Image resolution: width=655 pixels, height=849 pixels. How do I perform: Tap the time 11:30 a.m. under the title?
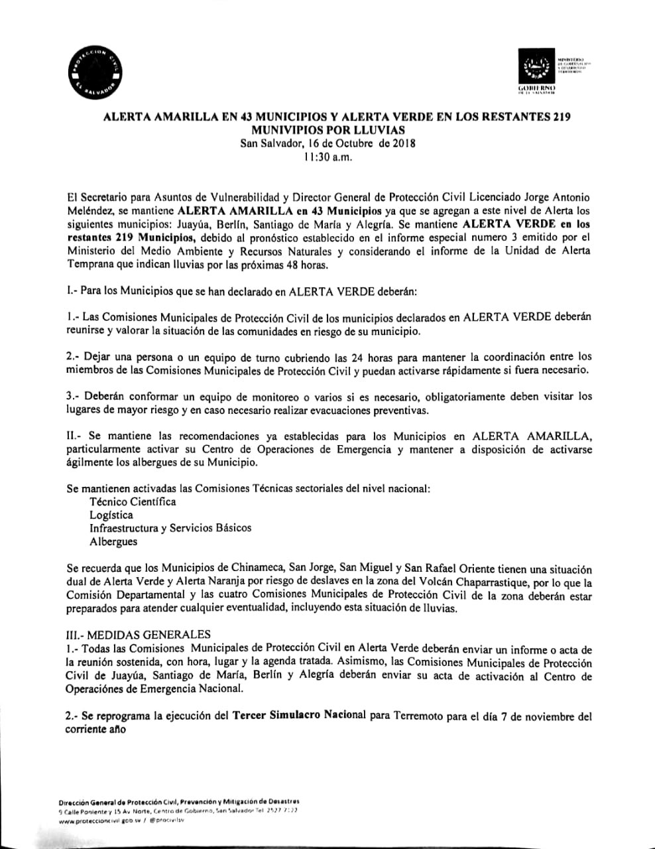click(x=327, y=157)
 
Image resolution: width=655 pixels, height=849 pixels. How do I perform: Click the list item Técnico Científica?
click(x=133, y=501)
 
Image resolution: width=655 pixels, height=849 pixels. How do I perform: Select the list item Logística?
click(x=111, y=515)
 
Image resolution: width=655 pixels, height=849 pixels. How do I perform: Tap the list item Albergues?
click(x=113, y=541)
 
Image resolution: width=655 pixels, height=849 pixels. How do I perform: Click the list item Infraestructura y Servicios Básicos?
click(x=170, y=528)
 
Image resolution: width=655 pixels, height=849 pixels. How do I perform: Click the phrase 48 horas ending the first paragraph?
click(x=306, y=265)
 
